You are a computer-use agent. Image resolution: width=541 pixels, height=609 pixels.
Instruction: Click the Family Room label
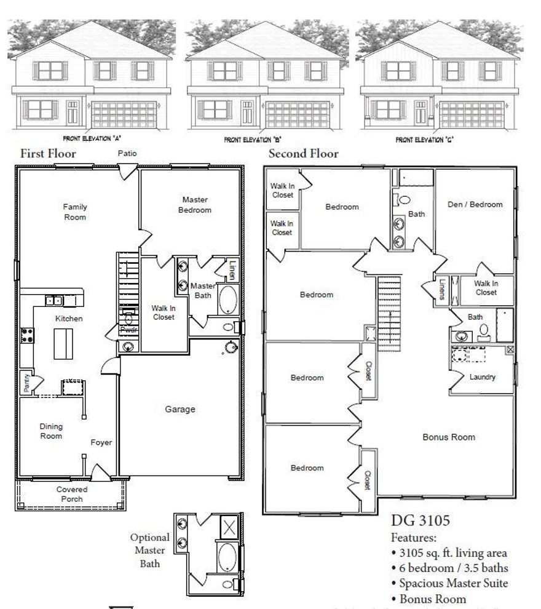click(x=75, y=212)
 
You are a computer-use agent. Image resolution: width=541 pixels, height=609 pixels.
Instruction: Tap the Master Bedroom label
click(x=194, y=205)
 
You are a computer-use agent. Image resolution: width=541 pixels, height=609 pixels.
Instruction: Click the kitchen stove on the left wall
click(x=28, y=335)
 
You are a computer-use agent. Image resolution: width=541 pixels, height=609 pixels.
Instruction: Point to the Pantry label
click(x=26, y=383)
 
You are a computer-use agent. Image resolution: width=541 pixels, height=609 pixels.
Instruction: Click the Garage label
click(x=180, y=409)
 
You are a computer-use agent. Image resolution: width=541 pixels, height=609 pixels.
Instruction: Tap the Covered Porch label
click(x=72, y=494)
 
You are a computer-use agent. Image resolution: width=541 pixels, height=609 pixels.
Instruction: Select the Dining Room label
click(x=51, y=431)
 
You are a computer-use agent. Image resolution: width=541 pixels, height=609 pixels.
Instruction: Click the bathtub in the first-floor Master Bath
click(x=228, y=300)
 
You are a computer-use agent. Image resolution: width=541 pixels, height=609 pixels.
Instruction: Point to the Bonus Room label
click(x=449, y=437)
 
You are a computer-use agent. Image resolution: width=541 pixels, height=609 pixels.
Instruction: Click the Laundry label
click(x=483, y=377)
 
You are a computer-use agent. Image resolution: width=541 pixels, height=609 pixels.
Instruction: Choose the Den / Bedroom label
click(x=475, y=204)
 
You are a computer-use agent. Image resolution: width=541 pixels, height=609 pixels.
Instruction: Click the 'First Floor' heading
click(x=49, y=154)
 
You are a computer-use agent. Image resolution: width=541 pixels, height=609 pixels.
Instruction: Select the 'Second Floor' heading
click(x=303, y=154)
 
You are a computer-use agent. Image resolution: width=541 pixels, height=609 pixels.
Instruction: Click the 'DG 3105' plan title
click(x=421, y=521)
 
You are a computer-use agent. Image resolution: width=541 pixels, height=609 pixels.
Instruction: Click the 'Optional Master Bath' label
click(x=149, y=551)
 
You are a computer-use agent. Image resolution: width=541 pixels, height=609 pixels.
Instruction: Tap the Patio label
click(x=127, y=153)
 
